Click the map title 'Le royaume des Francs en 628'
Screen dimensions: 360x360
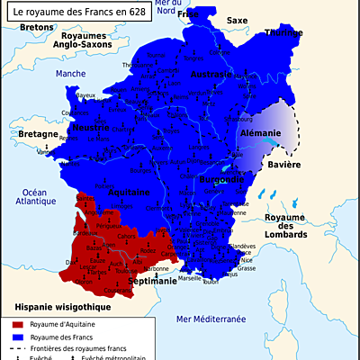(x=68, y=13)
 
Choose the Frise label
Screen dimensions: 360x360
(x=187, y=15)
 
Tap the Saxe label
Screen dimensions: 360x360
(x=237, y=19)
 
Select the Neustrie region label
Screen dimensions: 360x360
(x=91, y=128)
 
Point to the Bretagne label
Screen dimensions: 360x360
(x=38, y=134)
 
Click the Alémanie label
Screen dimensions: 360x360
(x=262, y=132)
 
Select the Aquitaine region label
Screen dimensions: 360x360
(x=123, y=192)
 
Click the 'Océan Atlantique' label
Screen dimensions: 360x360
(x=35, y=197)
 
